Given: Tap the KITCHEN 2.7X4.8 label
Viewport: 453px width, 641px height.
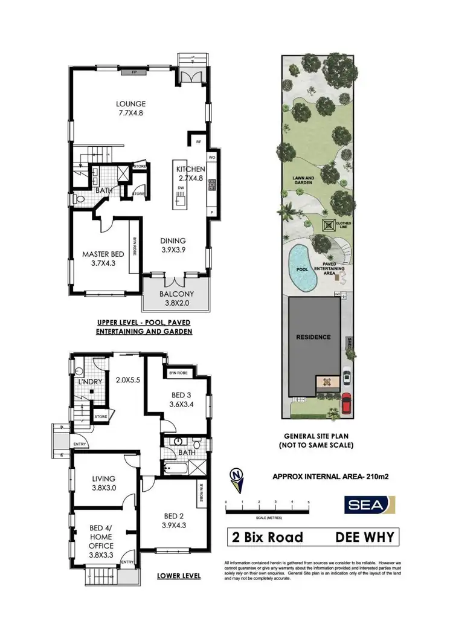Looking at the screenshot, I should coord(190,174).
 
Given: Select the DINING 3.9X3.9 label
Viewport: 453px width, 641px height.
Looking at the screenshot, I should coord(173,245).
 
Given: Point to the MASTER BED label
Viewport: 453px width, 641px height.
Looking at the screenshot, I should coord(98,259).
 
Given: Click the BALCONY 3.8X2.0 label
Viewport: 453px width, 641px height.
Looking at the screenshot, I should coord(176,299).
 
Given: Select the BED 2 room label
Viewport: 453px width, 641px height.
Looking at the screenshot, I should coord(174,520).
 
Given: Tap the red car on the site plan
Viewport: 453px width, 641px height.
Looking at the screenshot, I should coord(346,402).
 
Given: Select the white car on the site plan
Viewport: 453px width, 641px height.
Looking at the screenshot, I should coord(346,378).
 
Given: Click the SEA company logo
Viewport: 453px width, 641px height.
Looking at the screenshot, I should coord(369,504).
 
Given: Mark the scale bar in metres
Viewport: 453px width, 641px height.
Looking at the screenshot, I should coord(267,511).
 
